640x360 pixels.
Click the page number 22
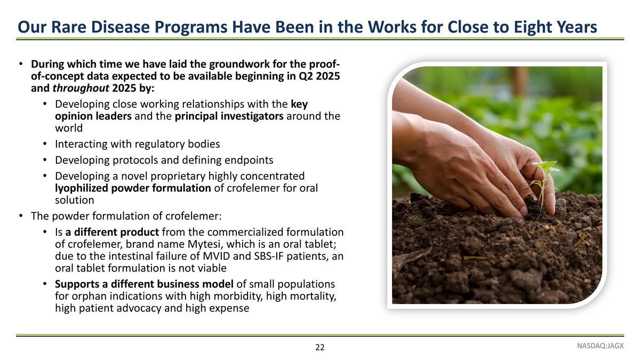pyautogui.click(x=319, y=348)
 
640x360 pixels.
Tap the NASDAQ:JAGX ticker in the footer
pyautogui.click(x=600, y=346)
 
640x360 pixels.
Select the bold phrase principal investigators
pyautogui.click(x=229, y=116)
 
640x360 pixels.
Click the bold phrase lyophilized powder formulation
pyautogui.click(x=133, y=188)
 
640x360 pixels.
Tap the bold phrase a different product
pyautogui.click(x=112, y=232)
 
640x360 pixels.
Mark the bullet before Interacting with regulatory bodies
pyautogui.click(x=45, y=145)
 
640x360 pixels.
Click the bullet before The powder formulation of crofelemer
pyautogui.click(x=20, y=216)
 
